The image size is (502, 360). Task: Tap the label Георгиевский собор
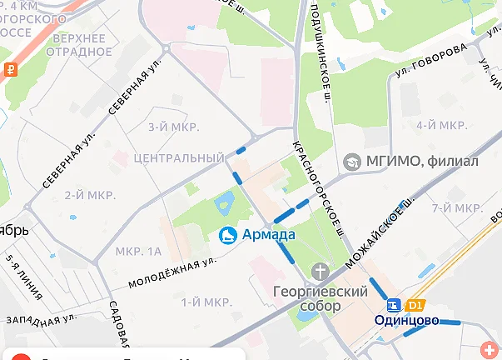[x=320, y=299]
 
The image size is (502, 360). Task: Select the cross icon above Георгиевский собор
[x=320, y=272]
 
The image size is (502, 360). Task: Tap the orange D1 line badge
[x=415, y=306]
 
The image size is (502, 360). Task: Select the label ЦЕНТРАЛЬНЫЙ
[x=178, y=158]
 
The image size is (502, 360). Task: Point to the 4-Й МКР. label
[x=440, y=125]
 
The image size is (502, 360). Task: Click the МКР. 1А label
[x=138, y=251]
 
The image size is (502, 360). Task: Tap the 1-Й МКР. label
[x=206, y=302]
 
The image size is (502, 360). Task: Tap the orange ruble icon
[x=9, y=70]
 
